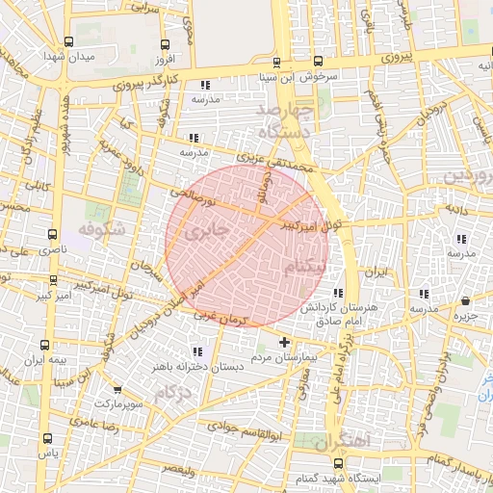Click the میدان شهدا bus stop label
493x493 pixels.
click(68, 57)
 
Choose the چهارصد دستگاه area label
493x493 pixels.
click(285, 122)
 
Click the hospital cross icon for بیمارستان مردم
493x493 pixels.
click(283, 342)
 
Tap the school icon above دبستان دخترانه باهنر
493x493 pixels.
click(199, 352)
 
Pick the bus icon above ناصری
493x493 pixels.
click(52, 234)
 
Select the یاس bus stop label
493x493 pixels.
click(47, 451)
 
